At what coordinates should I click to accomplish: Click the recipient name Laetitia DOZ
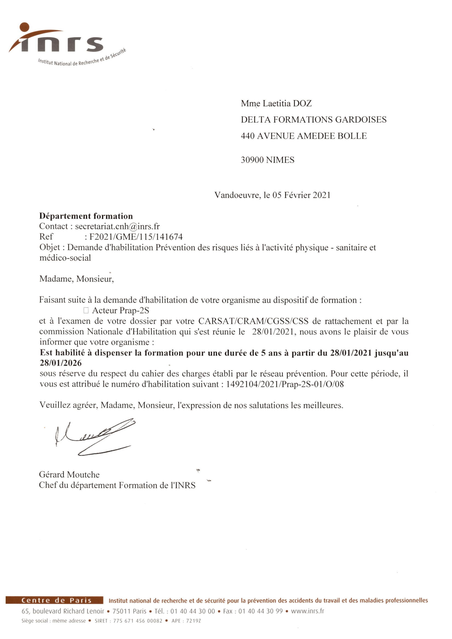point(287,104)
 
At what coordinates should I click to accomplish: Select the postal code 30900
point(252,160)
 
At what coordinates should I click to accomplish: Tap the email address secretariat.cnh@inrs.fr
point(117,226)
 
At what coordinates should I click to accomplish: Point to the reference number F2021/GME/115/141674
point(136,237)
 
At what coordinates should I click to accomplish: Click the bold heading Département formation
point(86,216)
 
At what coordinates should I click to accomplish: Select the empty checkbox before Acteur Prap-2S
point(86,310)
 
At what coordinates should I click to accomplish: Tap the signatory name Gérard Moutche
point(69,475)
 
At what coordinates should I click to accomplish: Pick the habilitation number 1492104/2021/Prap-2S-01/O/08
point(285,384)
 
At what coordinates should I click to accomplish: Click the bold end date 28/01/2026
point(61,363)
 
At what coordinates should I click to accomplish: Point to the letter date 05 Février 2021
point(301,195)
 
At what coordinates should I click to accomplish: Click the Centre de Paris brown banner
point(55,600)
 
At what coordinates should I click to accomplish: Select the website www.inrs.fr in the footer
point(307,611)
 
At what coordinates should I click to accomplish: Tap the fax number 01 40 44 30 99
point(260,611)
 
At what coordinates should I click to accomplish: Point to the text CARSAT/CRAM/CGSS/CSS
point(253,321)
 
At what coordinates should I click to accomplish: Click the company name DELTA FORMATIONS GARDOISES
point(314,120)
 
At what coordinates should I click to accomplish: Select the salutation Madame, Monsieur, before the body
point(77,279)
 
